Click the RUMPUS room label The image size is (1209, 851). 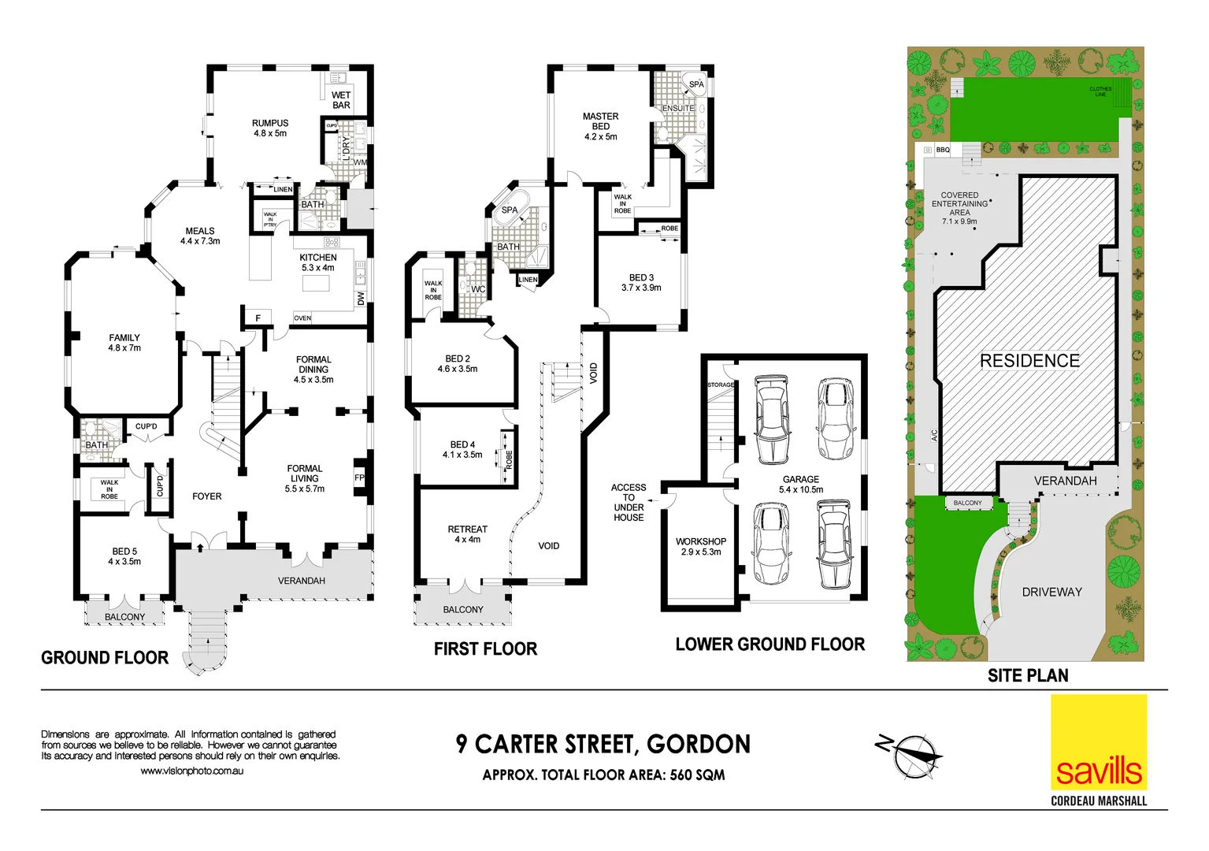tap(270, 128)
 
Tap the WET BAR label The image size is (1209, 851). tap(341, 100)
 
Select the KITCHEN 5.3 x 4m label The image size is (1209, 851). tap(318, 262)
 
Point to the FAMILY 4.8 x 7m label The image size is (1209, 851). tap(124, 343)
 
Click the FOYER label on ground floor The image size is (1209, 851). tap(207, 496)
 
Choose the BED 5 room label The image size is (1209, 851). tap(124, 556)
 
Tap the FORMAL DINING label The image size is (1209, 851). tap(313, 370)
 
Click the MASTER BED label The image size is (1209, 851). tap(601, 126)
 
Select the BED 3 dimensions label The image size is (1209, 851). tap(641, 288)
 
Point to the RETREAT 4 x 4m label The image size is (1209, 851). tap(467, 534)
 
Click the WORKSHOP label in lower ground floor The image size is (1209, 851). tap(701, 546)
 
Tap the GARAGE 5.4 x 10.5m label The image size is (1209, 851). tap(801, 485)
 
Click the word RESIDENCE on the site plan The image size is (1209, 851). tap(1029, 361)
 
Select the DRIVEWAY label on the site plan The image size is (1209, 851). tap(1051, 592)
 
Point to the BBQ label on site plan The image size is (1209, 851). tap(943, 150)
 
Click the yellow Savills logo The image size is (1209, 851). tap(1099, 742)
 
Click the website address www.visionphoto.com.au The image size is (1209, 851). tap(192, 771)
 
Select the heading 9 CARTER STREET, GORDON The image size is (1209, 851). tap(603, 744)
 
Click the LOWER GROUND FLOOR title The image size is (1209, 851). tap(770, 645)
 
